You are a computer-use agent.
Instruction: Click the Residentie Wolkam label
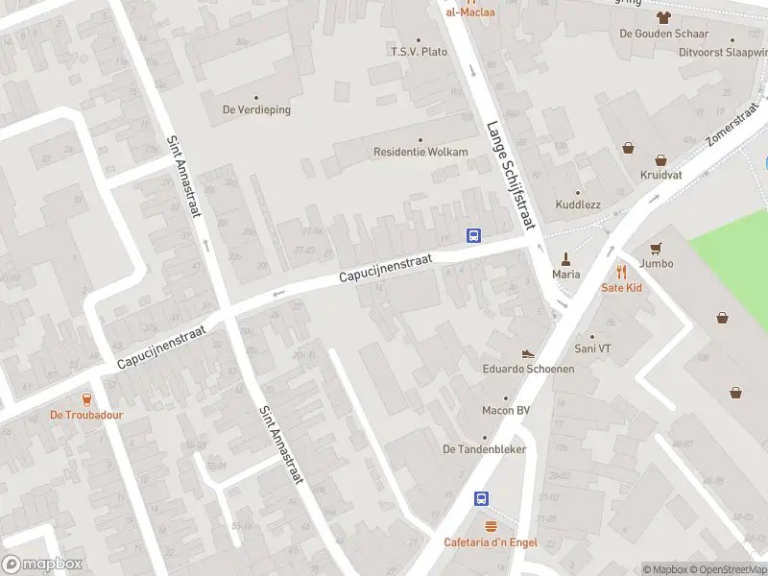(x=420, y=152)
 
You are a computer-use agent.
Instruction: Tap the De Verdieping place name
(x=256, y=109)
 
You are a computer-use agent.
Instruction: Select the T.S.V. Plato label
(x=419, y=51)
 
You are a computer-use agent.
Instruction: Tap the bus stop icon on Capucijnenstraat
(x=473, y=235)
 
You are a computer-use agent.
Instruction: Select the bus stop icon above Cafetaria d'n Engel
(x=482, y=498)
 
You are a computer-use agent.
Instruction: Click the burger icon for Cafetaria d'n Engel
(x=492, y=526)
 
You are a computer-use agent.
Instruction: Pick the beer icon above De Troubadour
(x=86, y=398)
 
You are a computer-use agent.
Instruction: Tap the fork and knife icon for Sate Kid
(x=621, y=271)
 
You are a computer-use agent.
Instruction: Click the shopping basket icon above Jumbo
(x=656, y=248)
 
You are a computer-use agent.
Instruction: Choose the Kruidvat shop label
(x=660, y=175)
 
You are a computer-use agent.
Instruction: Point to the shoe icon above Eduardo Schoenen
(x=527, y=354)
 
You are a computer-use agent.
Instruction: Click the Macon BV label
(x=506, y=411)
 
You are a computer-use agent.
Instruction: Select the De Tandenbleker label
(x=484, y=448)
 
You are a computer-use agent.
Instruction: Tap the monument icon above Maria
(x=566, y=258)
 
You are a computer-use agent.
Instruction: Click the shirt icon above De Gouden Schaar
(x=662, y=16)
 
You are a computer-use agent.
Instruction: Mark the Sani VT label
(x=591, y=348)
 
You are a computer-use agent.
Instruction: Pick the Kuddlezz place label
(x=577, y=205)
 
